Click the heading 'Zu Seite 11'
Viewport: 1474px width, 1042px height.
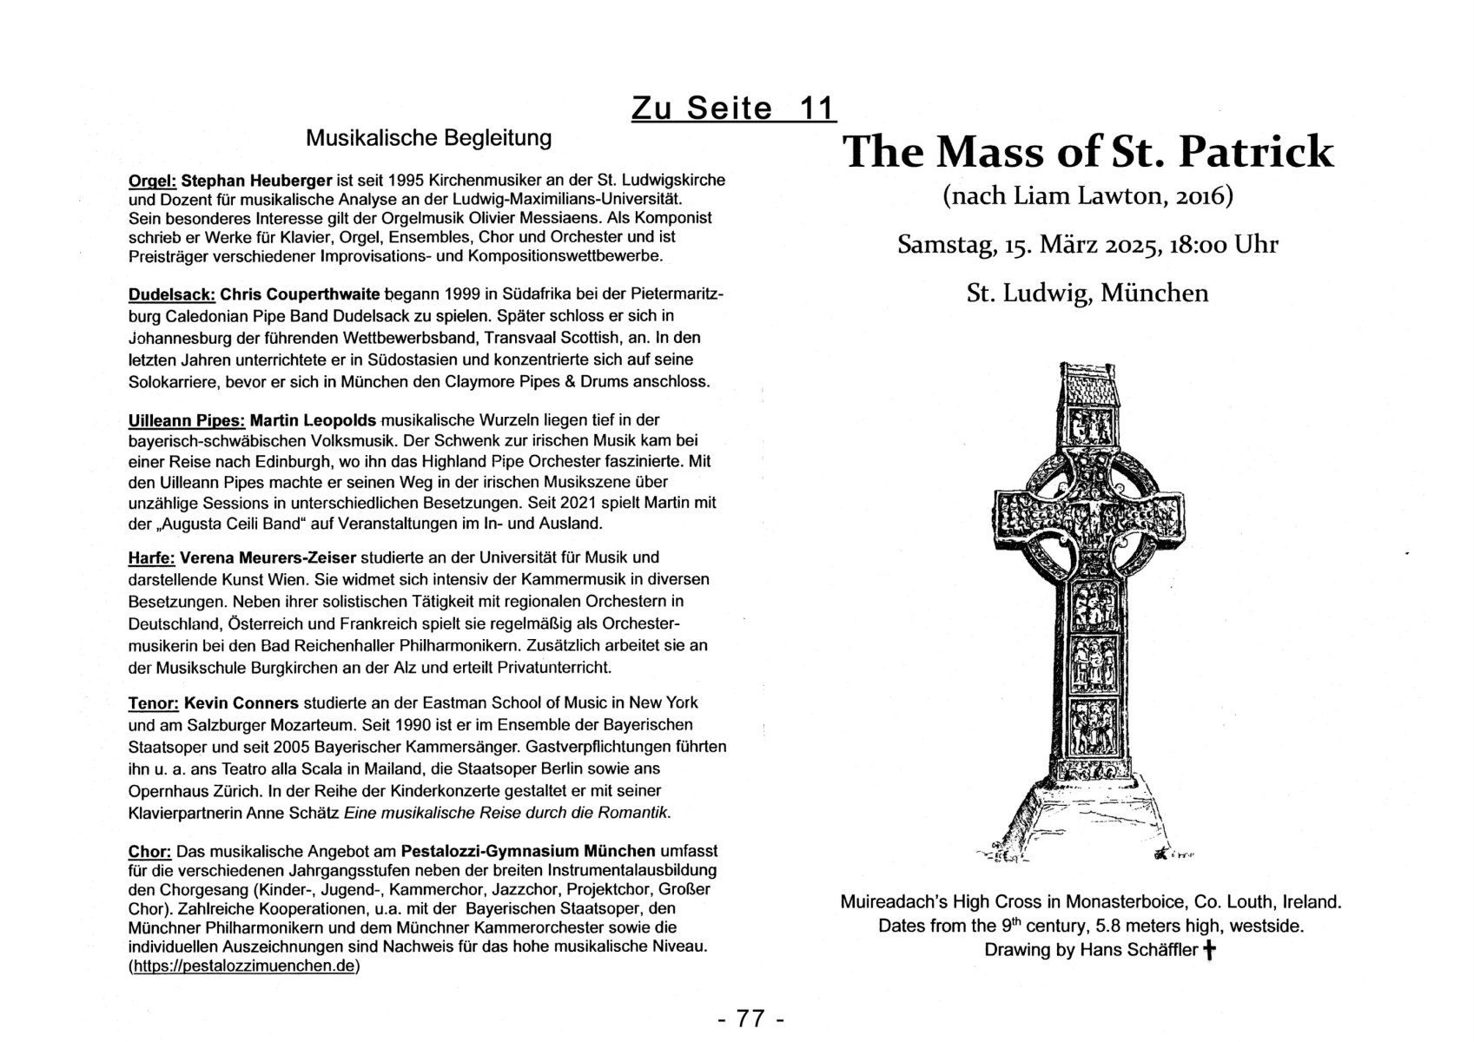click(733, 108)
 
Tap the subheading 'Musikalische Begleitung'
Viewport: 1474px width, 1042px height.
click(428, 137)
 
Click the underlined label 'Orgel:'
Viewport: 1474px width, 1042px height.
click(152, 181)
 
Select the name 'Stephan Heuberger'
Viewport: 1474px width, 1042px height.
click(257, 181)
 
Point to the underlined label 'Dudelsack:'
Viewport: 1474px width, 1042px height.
click(170, 294)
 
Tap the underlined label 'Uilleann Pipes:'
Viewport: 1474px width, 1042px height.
click(187, 420)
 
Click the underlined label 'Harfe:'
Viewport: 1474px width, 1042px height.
click(151, 557)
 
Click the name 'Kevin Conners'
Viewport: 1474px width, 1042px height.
click(241, 702)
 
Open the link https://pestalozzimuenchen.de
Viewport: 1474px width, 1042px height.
click(243, 966)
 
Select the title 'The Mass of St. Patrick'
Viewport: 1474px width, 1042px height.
click(1087, 152)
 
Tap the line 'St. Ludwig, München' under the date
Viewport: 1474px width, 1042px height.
click(1087, 293)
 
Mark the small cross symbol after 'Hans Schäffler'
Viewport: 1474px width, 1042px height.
click(1208, 951)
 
